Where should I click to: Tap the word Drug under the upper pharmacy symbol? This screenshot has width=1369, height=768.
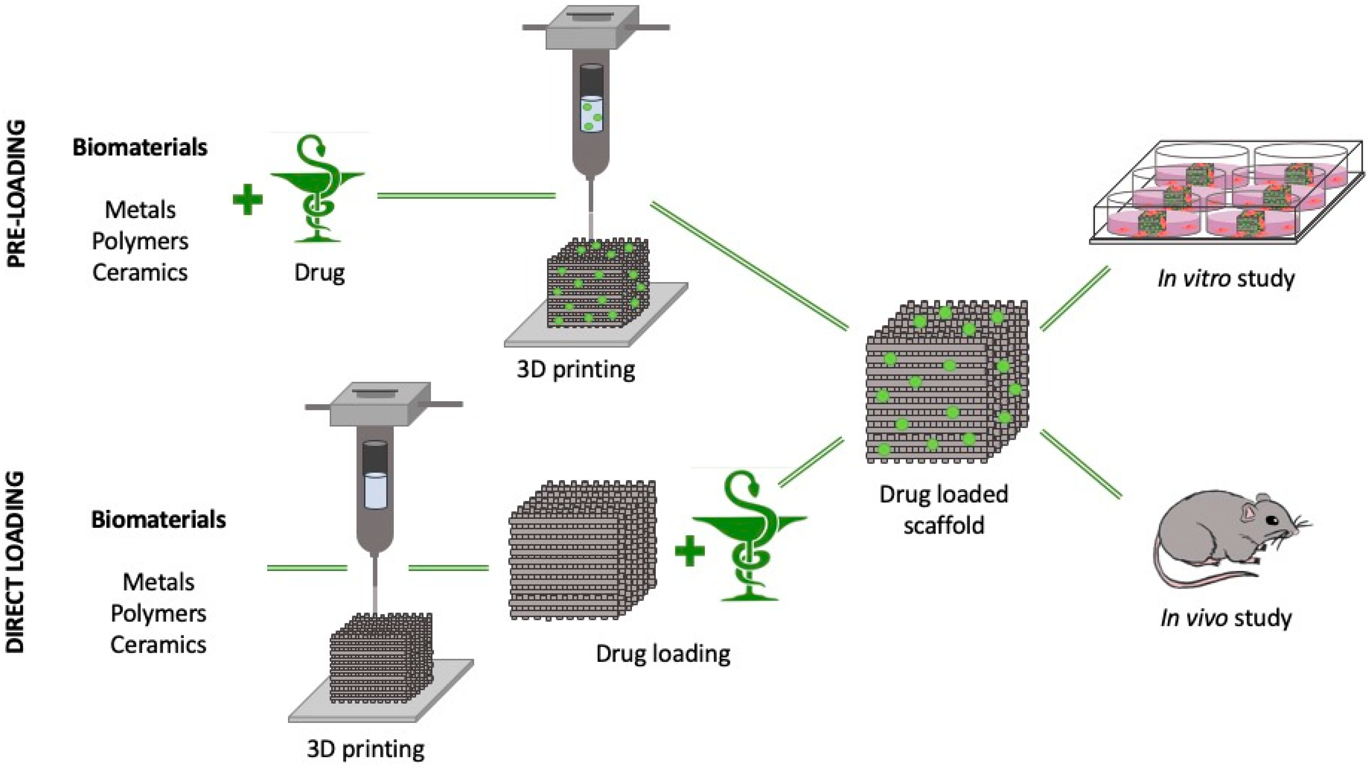(x=320, y=273)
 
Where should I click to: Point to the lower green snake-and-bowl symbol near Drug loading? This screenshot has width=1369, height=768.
(x=750, y=537)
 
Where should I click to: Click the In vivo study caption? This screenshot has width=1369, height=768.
(x=1225, y=618)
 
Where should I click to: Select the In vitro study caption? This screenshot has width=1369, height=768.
(x=1225, y=278)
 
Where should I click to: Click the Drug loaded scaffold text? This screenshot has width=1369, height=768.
(x=944, y=509)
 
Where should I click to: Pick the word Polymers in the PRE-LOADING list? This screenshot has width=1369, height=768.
(x=140, y=241)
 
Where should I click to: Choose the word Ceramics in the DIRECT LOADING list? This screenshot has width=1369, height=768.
(x=158, y=645)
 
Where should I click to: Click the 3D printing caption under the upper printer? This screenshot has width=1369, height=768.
(x=575, y=369)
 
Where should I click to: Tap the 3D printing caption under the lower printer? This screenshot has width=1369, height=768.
(x=366, y=750)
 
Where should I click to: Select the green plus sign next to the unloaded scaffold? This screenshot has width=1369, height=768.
(x=689, y=551)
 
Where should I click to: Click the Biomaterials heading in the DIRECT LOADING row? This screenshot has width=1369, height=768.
(x=158, y=519)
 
